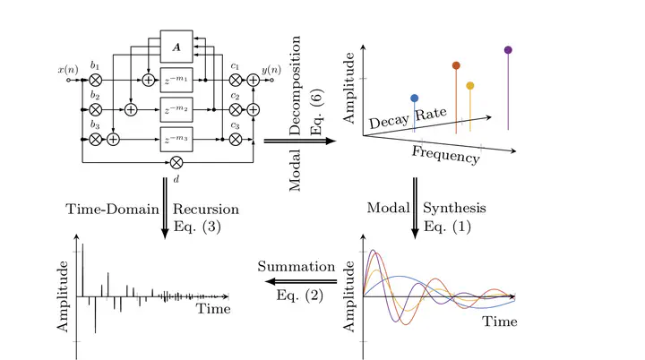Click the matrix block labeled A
click(176, 47)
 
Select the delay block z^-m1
click(176, 81)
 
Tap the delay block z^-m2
click(176, 110)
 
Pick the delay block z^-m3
click(176, 139)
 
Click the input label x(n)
click(67, 69)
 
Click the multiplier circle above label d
click(176, 162)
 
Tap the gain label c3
click(236, 125)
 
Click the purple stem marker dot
click(509, 50)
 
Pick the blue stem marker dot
click(414, 98)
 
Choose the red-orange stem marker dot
click(456, 65)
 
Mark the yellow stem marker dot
click(470, 86)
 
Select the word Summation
click(296, 267)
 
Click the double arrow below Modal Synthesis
click(417, 208)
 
